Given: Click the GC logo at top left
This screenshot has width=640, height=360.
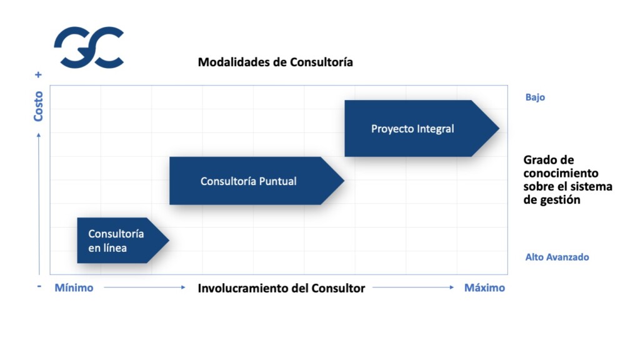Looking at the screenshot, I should (x=88, y=47).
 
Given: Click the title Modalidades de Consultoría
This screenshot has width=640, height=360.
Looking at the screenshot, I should (x=275, y=62).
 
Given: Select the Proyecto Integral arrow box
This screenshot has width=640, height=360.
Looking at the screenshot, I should (x=412, y=129).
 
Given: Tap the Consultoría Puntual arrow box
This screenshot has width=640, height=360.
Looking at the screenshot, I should (x=249, y=181).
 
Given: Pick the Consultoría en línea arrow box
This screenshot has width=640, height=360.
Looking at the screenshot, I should (x=116, y=241).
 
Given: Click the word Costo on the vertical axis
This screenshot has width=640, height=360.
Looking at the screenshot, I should (x=39, y=106).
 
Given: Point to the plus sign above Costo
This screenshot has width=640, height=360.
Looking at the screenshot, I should (x=39, y=74).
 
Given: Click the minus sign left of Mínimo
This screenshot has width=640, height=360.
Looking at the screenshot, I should (x=39, y=286).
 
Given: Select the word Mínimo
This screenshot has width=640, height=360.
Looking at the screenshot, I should (x=74, y=288).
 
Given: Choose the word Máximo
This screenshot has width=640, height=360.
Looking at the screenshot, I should (x=484, y=288).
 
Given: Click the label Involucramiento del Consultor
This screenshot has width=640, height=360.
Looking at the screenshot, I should (x=281, y=288).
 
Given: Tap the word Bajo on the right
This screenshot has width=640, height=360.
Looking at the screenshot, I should (x=535, y=97).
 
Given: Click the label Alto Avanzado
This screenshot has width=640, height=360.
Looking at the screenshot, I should (x=557, y=257).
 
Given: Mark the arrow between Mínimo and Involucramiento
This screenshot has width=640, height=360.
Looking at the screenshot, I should (x=144, y=287).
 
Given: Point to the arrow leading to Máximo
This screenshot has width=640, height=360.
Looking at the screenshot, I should (x=413, y=287).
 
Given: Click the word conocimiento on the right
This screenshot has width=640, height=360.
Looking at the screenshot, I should (x=561, y=173).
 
